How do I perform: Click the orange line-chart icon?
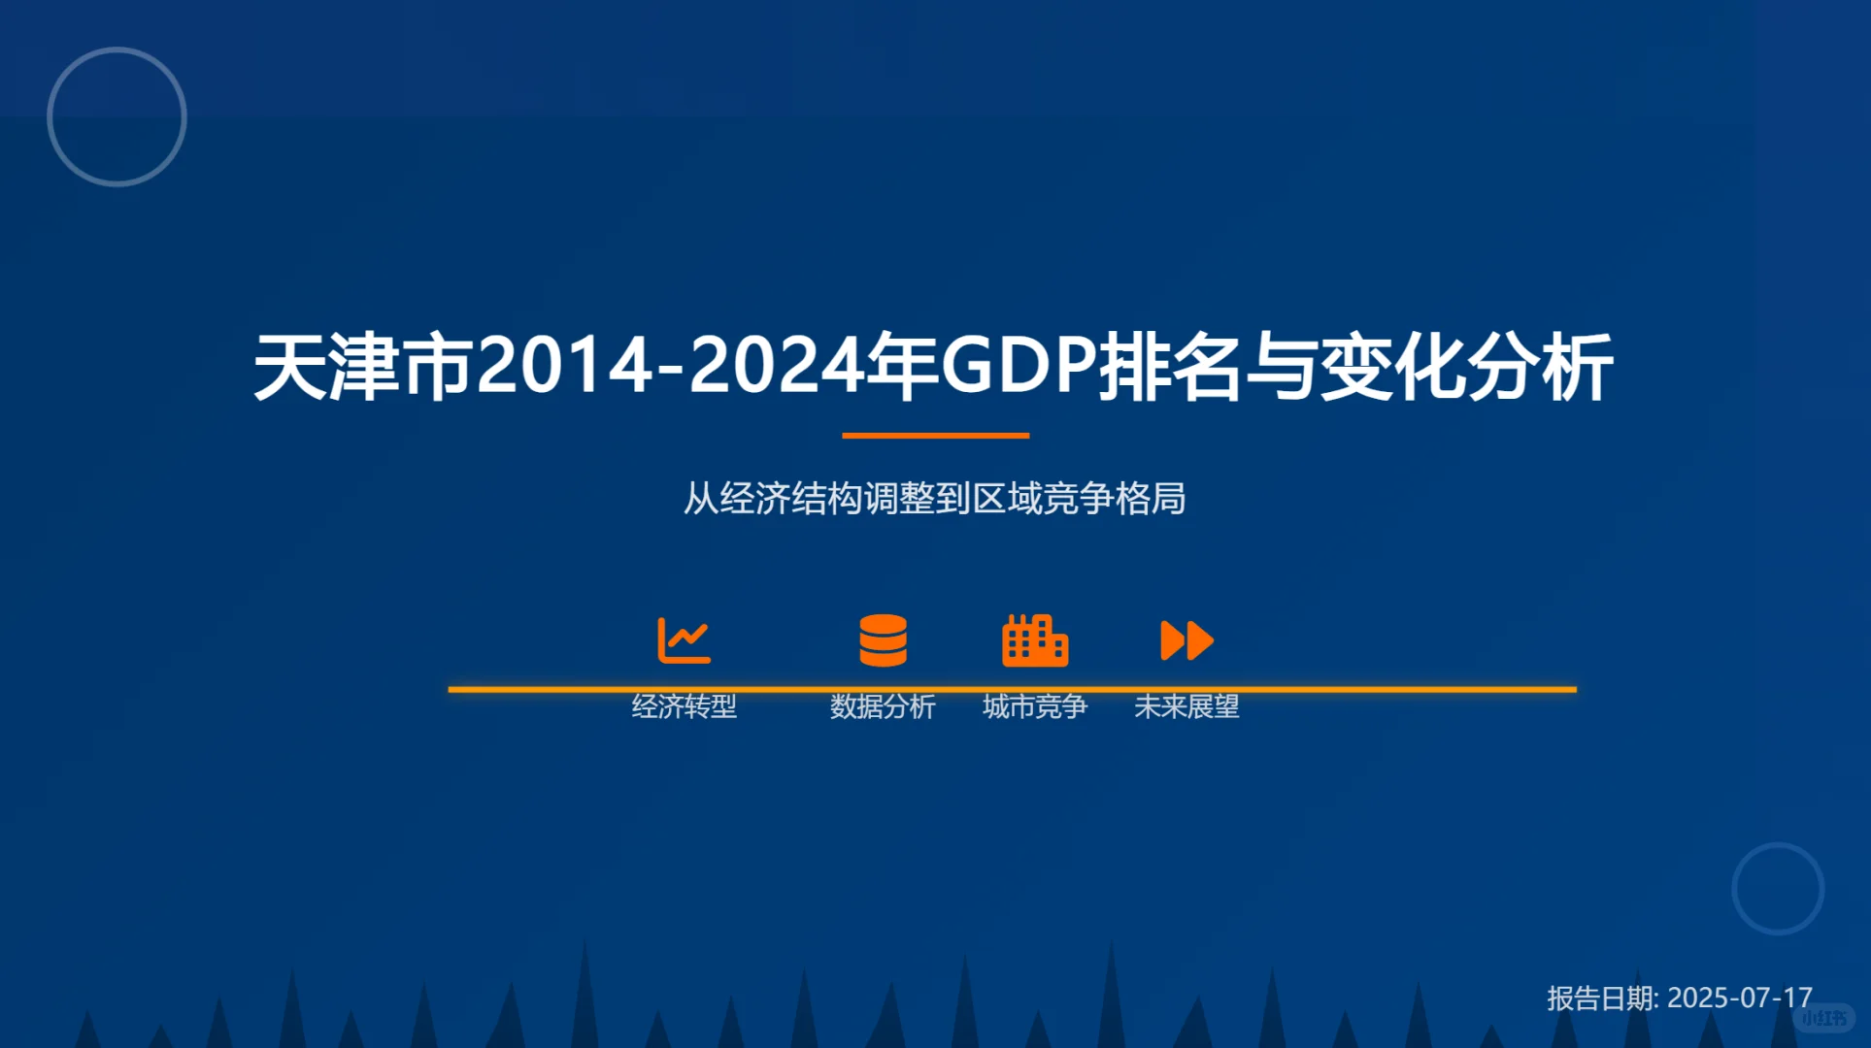coord(685,640)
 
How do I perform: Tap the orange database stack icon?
coord(883,640)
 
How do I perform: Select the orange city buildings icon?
coord(1035,640)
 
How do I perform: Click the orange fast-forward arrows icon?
coord(1186,640)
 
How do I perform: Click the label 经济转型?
coord(685,706)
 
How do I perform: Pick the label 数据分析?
coord(883,706)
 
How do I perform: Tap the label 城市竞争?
coord(1035,706)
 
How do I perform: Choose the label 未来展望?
coord(1186,706)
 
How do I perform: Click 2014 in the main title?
coord(564,367)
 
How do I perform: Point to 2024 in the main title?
coord(776,367)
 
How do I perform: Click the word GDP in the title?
coord(1019,367)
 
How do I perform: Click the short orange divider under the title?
coord(935,436)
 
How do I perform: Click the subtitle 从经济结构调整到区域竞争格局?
coord(935,499)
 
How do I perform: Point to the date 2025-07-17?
coord(1739,998)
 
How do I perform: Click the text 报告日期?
coord(1601,998)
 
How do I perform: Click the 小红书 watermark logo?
coord(1824,1018)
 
